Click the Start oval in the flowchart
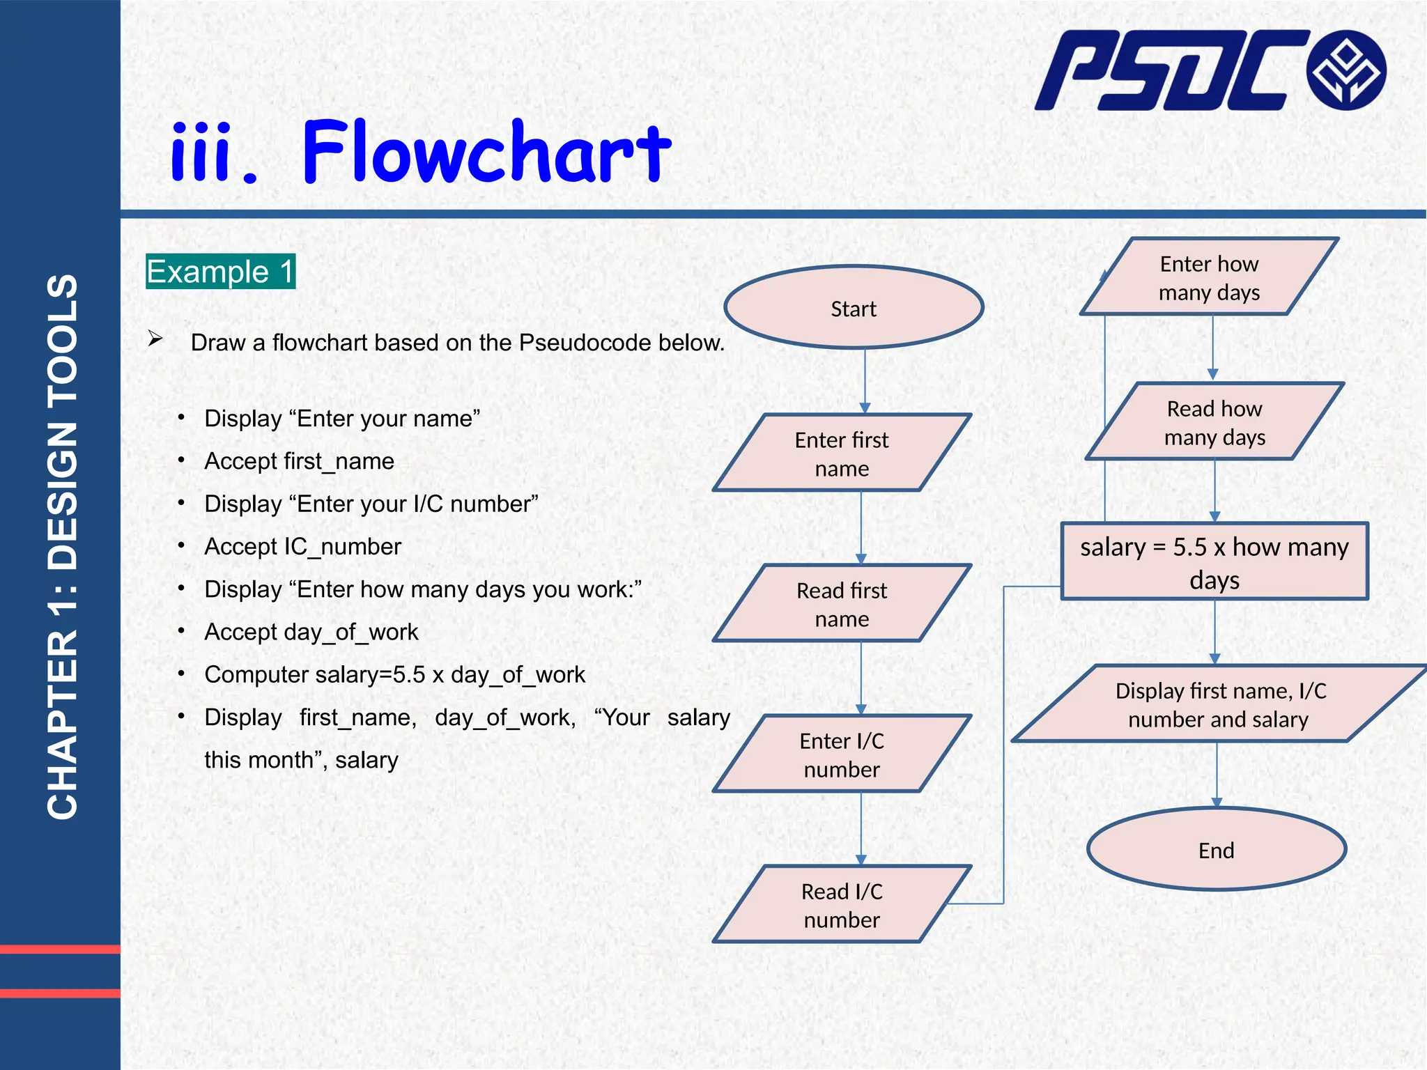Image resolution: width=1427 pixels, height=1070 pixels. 854,307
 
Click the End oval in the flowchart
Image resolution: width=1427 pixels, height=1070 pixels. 1216,849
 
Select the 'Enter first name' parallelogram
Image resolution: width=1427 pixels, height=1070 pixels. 842,453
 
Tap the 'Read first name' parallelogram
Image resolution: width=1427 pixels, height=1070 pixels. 842,604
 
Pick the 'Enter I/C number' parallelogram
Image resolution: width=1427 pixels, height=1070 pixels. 842,754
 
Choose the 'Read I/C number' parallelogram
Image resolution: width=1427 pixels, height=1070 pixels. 842,905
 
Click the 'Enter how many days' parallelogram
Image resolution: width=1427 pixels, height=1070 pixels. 1209,277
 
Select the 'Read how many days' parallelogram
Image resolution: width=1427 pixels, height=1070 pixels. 1214,422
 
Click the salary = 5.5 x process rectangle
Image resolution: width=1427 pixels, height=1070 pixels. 1214,562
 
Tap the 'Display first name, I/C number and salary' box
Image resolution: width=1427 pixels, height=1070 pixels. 1219,704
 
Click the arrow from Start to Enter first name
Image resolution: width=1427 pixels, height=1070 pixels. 865,380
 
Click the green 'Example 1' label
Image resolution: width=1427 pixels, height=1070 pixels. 220,272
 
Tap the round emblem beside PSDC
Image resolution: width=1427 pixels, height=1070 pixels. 1346,70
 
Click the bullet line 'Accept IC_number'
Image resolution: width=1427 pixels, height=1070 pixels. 302,547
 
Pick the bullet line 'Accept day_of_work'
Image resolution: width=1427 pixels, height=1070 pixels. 311,632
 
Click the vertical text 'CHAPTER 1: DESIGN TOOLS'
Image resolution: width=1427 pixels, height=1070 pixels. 62,546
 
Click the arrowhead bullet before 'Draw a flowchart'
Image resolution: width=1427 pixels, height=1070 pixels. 155,340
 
